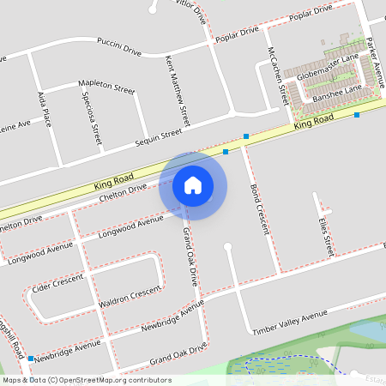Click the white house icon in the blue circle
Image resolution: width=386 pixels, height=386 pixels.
click(x=193, y=184)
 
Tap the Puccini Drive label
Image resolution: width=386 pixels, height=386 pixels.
click(x=119, y=45)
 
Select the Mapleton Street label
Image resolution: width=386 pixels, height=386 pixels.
click(x=106, y=86)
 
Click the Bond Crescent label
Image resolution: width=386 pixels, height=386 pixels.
click(x=259, y=208)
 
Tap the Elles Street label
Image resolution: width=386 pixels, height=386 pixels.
click(x=324, y=236)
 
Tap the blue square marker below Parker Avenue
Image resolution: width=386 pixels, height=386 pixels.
click(x=357, y=114)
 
